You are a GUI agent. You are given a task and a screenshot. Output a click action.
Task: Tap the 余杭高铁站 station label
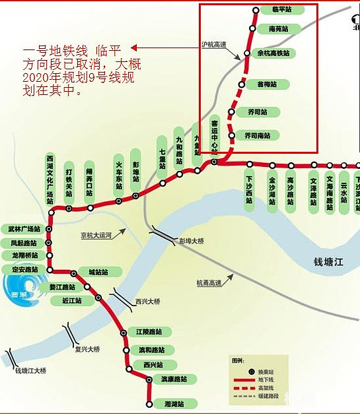pos(276,52)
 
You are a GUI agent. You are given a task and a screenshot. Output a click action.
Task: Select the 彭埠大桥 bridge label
pos(192,241)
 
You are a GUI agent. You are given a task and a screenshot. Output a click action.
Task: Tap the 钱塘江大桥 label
pos(31,371)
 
